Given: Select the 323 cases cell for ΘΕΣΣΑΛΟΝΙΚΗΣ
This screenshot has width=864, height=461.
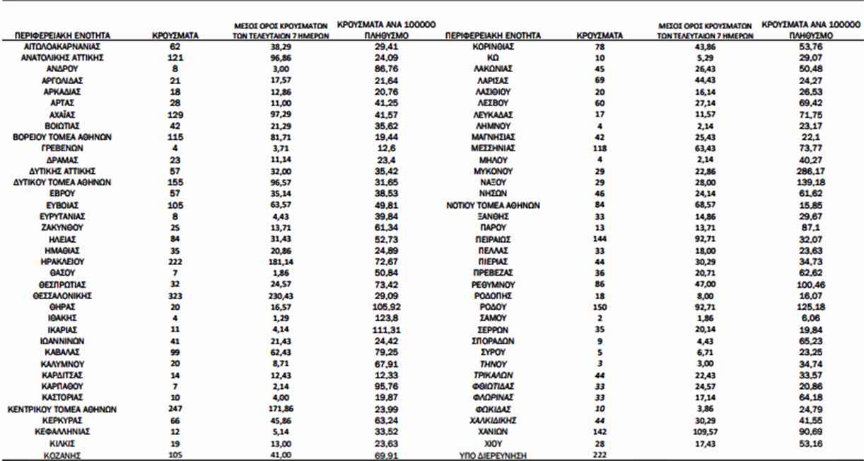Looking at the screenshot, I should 175,296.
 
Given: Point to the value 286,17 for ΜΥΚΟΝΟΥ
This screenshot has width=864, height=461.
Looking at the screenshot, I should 807,170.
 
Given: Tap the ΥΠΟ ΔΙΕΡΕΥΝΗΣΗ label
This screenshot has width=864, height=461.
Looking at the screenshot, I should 493,456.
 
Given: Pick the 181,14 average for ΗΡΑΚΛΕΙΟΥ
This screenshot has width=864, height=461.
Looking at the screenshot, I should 282,262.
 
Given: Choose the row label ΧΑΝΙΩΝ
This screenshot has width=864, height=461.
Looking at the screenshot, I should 493,432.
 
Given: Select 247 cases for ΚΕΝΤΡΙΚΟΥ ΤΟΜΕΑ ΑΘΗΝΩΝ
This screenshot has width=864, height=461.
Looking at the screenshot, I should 175,409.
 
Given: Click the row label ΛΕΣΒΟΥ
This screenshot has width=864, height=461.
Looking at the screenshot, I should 493,103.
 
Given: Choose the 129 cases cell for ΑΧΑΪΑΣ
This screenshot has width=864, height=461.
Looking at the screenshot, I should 175,115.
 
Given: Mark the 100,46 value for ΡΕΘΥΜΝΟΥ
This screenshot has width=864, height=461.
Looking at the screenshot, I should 807,284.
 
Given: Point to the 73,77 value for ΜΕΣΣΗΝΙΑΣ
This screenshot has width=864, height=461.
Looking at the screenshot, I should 807,148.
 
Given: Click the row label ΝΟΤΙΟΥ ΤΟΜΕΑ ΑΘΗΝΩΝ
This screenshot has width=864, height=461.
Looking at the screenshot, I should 493,205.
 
